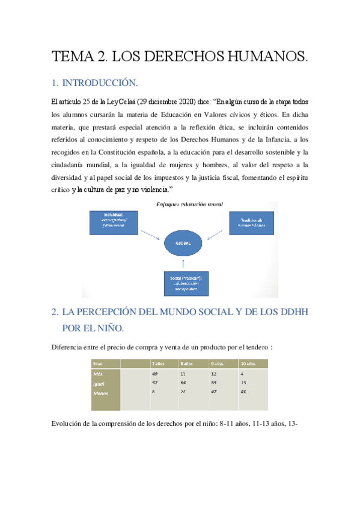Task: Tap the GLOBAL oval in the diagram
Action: click(183, 243)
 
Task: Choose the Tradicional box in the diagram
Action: click(250, 223)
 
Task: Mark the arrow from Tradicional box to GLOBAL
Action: click(217, 235)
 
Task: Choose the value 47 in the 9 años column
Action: click(214, 392)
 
